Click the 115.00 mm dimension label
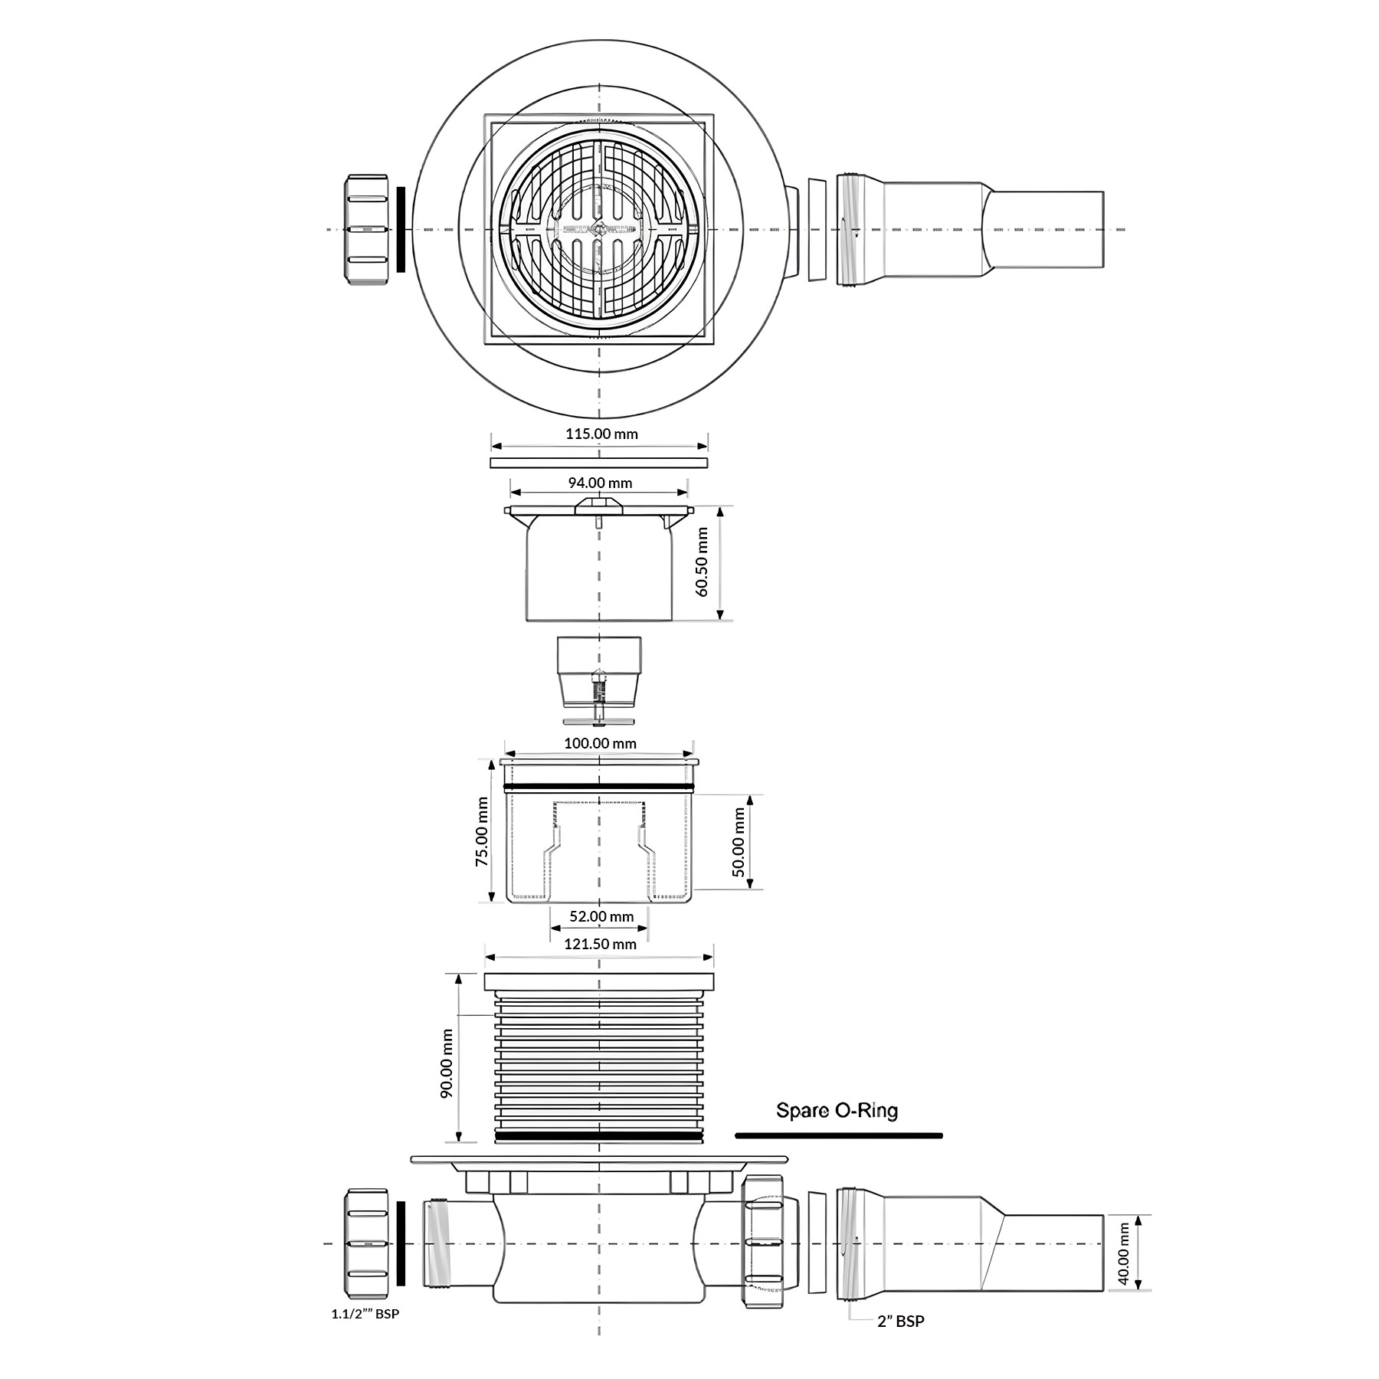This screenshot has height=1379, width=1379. coord(601,434)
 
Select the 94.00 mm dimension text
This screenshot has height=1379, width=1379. coord(600,483)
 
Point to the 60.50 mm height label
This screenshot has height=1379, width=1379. coord(703,562)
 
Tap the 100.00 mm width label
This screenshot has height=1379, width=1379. coord(600,743)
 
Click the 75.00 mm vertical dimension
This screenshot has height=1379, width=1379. coord(482,831)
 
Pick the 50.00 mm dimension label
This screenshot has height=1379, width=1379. coord(739,841)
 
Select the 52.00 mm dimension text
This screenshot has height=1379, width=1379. coord(601,916)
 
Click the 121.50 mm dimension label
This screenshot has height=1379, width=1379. coord(600,944)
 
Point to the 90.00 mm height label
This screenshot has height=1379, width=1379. coord(447,1063)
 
